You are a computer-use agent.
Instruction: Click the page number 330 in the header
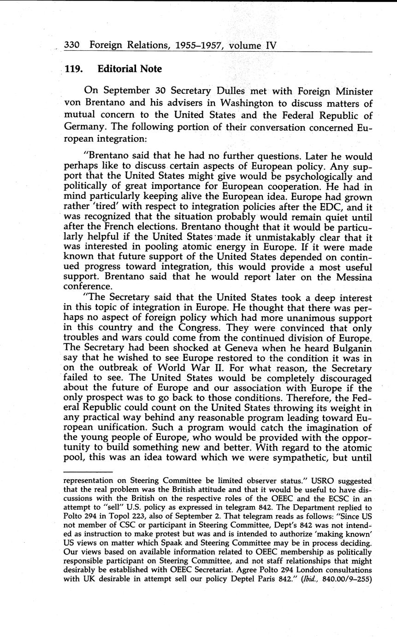72,45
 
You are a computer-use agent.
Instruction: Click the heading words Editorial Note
130,69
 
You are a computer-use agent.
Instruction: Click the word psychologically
312,176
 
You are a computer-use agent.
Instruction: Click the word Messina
348,277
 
